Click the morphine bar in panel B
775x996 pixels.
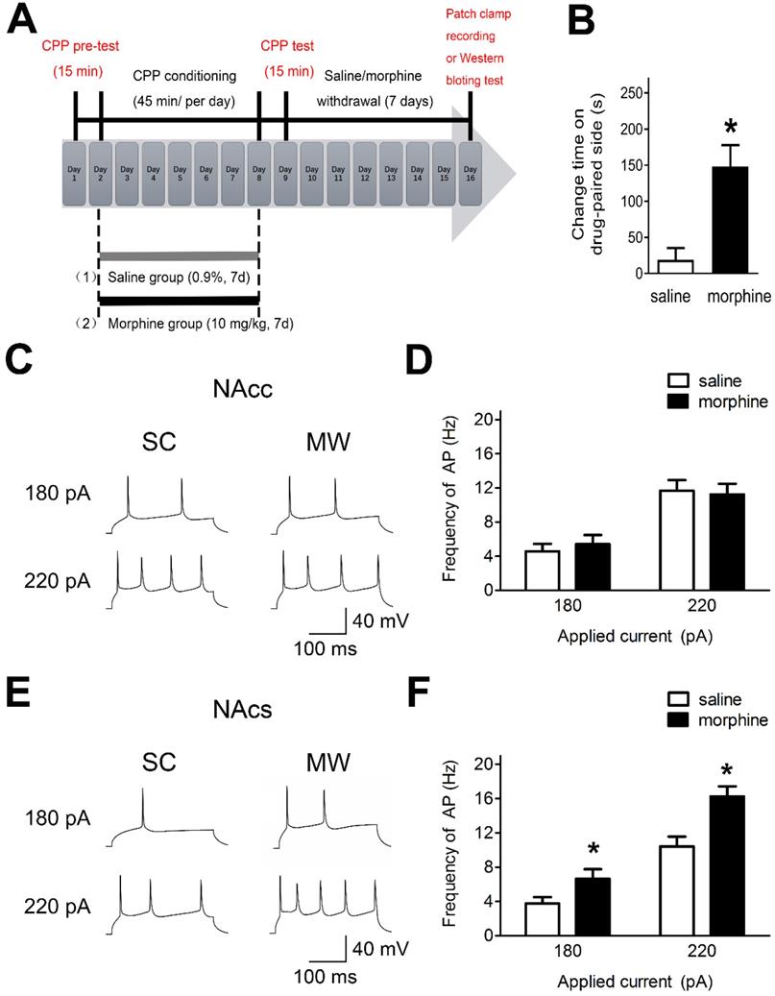(730, 220)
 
